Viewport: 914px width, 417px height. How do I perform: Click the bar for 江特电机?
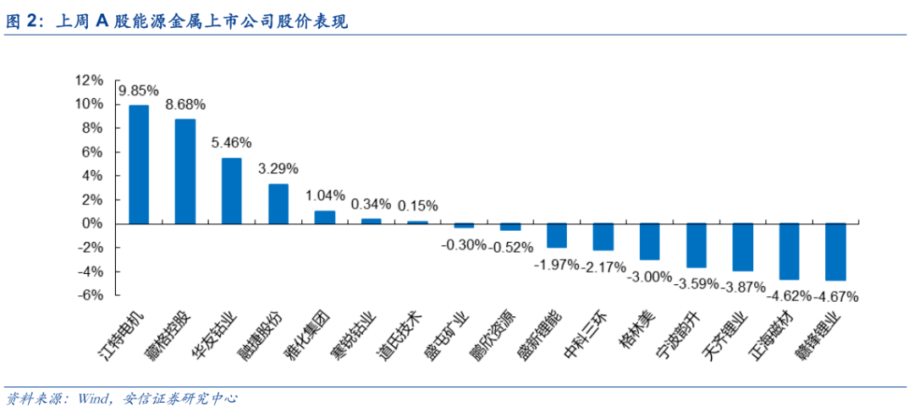click(139, 164)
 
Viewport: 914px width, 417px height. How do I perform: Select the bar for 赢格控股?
click(185, 171)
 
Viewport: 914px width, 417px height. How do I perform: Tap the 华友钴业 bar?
click(232, 190)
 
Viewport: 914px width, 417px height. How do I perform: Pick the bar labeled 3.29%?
click(278, 203)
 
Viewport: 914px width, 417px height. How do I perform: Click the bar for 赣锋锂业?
click(835, 251)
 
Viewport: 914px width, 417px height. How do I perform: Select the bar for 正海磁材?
click(789, 251)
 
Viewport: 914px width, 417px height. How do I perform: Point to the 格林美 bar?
click(649, 241)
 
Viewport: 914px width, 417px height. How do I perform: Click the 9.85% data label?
click(139, 91)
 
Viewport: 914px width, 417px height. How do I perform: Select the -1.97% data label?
click(556, 264)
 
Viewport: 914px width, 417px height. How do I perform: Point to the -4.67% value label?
click(836, 296)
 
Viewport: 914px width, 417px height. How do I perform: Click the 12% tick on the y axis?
click(89, 80)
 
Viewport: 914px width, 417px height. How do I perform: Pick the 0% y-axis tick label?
click(92, 223)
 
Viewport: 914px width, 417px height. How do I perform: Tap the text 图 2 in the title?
click(20, 23)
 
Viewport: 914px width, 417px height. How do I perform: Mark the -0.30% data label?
click(463, 245)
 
